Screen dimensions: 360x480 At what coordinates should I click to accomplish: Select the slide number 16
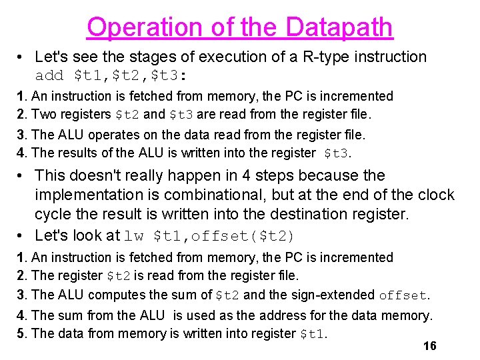[x=430, y=345]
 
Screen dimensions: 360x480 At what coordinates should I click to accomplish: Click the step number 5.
[x=21, y=333]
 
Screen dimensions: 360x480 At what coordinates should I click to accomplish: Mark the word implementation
[x=91, y=195]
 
